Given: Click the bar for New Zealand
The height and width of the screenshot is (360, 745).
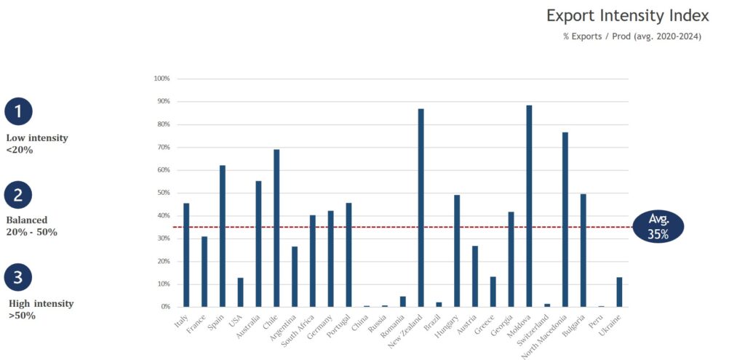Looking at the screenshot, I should coord(421,208).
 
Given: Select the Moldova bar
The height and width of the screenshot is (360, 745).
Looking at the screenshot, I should coord(529,207).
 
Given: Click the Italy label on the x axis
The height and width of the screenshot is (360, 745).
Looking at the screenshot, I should coord(180,321).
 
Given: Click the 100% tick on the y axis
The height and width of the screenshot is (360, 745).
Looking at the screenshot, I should coord(162,79).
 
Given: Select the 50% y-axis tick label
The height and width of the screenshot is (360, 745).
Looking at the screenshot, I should coord(163,193).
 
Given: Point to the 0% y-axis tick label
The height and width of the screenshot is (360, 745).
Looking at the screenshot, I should coord(164,307).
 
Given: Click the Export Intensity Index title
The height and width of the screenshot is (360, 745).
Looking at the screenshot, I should coord(627,15).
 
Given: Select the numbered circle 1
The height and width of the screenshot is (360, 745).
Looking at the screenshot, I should coord(18,111).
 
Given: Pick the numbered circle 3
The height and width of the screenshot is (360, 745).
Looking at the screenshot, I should coord(18,277).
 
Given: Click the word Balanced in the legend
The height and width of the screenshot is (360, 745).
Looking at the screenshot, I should coord(27,220).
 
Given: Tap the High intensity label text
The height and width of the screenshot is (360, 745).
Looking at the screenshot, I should coord(41,303).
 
